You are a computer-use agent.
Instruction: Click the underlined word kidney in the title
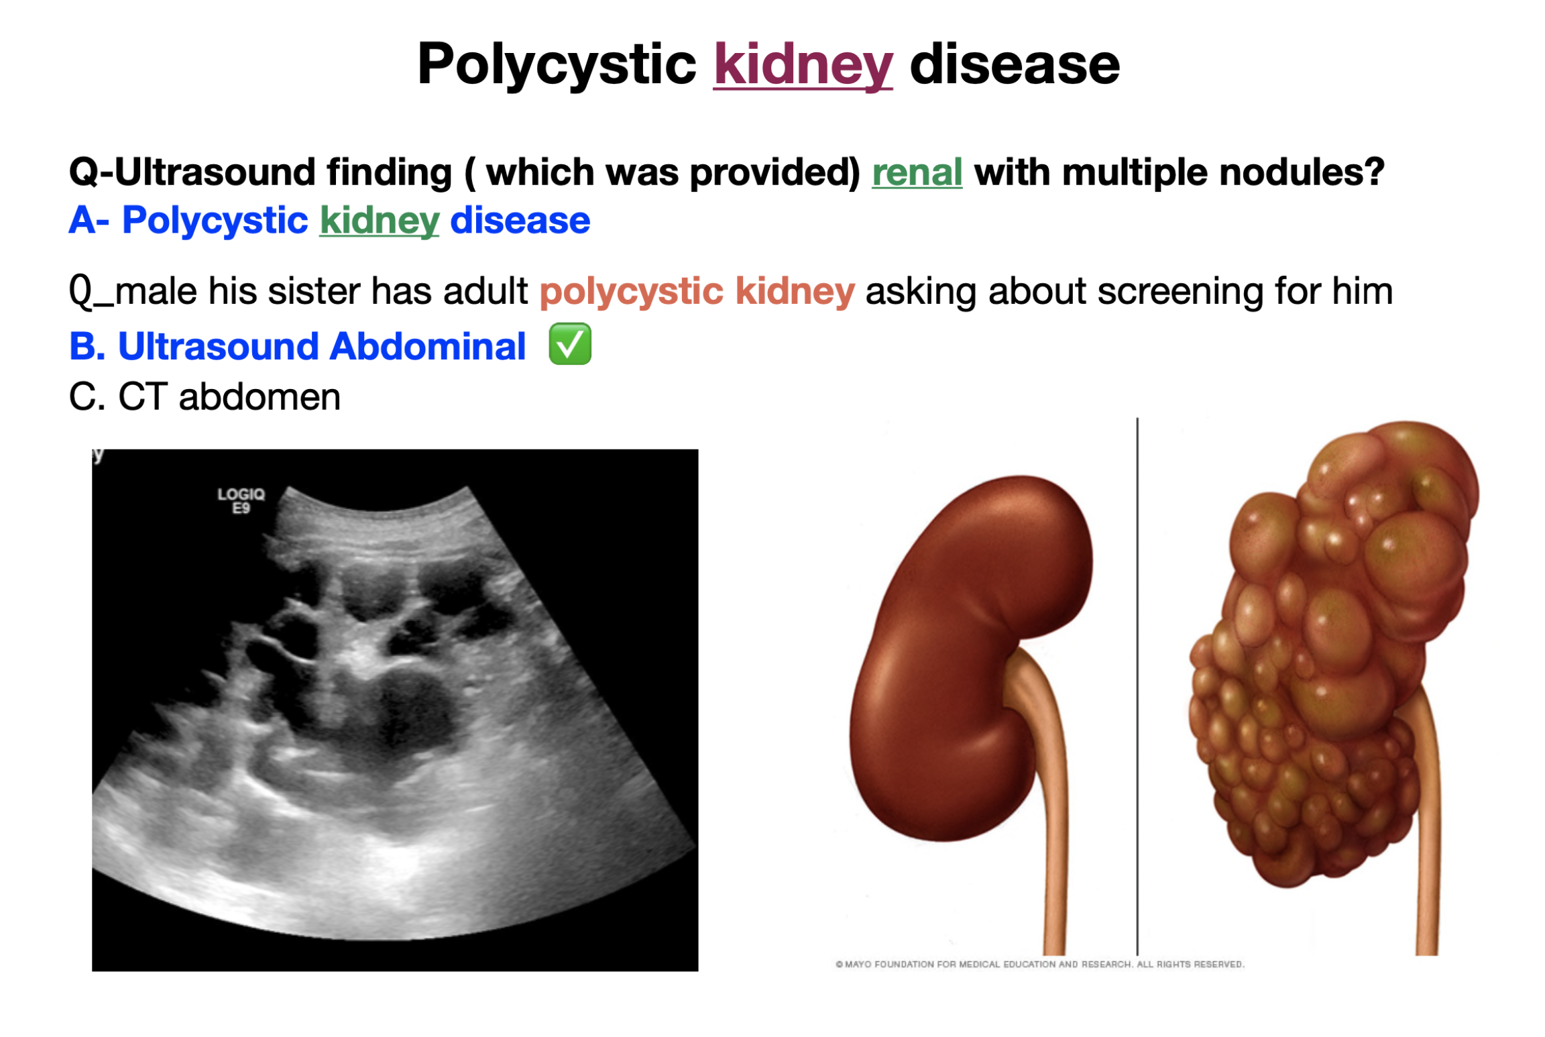click(802, 66)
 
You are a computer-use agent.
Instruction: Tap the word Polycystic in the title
click(557, 66)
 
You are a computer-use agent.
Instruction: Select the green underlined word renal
click(916, 172)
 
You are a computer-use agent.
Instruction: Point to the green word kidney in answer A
click(380, 221)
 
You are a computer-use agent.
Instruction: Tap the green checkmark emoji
click(569, 343)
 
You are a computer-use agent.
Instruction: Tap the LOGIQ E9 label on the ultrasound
click(241, 500)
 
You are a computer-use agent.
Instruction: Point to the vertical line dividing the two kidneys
click(1137, 686)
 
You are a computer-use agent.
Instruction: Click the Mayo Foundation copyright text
click(1039, 964)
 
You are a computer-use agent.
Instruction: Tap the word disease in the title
click(1015, 64)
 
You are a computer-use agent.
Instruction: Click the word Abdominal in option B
click(427, 346)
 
